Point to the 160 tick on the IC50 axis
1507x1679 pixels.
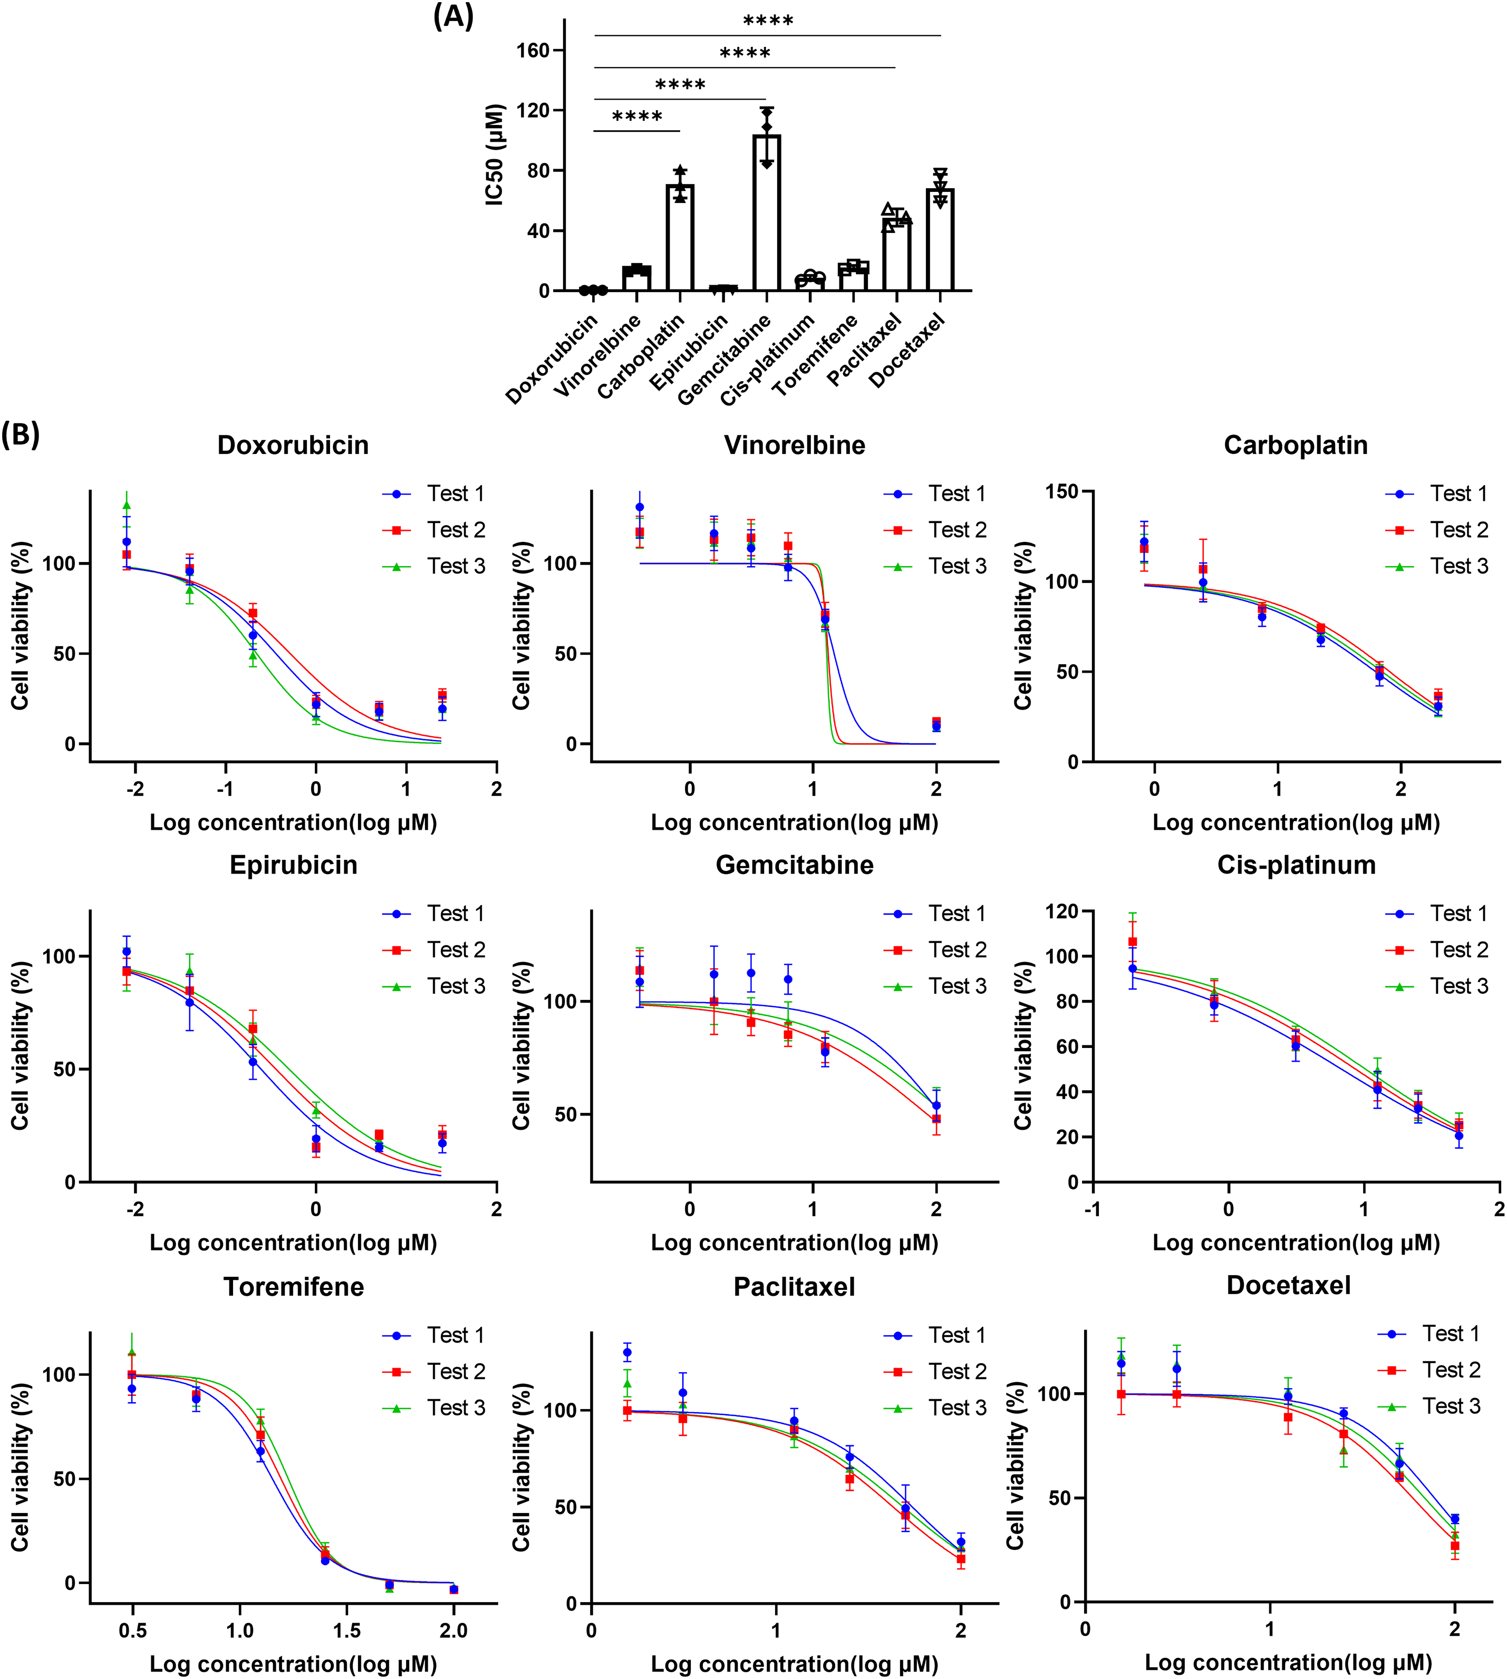tap(533, 51)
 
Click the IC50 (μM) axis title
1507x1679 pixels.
tap(494, 155)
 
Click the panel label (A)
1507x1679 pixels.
tap(453, 16)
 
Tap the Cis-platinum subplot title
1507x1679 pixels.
tap(1296, 865)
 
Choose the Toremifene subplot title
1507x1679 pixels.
tap(293, 1287)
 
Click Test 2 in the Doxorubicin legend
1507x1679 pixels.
tap(456, 530)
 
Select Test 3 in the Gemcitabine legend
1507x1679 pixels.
tap(957, 986)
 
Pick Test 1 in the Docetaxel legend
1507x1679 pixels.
tap(1451, 1334)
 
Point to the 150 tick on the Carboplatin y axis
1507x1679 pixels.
tap(1061, 492)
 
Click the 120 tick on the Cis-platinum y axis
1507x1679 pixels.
tap(1061, 911)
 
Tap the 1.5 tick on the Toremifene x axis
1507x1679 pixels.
tap(347, 1631)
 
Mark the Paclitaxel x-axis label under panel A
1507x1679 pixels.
tap(865, 351)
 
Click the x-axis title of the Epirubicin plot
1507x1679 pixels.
tap(293, 1243)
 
